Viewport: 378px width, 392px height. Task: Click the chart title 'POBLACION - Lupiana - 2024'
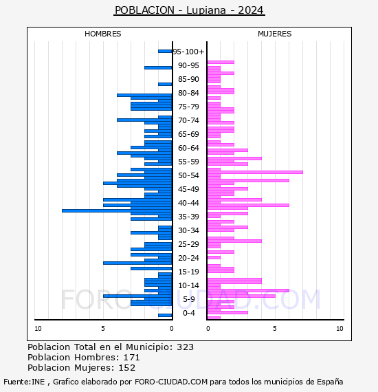[x=189, y=10]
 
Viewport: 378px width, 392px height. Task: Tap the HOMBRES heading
[x=102, y=34]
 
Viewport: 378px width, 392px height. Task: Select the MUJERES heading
[x=275, y=34]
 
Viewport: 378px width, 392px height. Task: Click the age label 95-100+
[x=188, y=52]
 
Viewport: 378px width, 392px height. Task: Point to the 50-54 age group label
[x=188, y=175]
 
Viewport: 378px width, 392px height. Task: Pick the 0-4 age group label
[x=188, y=313]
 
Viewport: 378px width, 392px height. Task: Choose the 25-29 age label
[x=188, y=244]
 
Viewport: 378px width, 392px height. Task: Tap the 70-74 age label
[x=188, y=120]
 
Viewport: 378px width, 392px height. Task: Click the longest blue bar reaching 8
[x=117, y=210]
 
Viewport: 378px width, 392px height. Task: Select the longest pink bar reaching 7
[x=255, y=172]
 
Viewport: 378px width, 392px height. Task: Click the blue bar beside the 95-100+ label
[x=165, y=52]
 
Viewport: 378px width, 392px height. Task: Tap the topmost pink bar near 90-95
[x=221, y=63]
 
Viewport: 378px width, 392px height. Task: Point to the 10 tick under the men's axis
[x=38, y=329]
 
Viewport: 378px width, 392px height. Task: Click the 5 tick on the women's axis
[x=275, y=329]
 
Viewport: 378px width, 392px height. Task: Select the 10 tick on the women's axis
[x=340, y=329]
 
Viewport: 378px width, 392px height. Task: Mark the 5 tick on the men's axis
[x=103, y=329]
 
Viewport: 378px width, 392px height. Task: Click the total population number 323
[x=185, y=347]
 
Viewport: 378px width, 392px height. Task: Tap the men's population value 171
[x=132, y=357]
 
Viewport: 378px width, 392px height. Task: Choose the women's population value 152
[x=127, y=367]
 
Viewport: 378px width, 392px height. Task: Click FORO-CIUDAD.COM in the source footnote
[x=171, y=382]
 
